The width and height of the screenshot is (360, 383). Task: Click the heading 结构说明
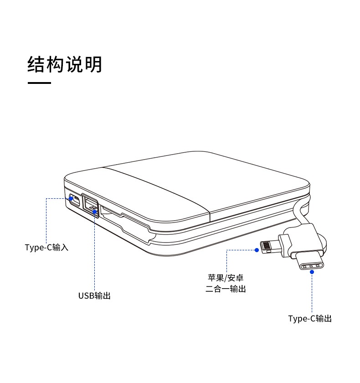coord(65,64)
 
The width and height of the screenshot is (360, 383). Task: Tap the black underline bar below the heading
coord(39,83)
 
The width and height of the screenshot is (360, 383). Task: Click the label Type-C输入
coord(46,248)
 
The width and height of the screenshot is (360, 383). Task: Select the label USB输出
coord(94,295)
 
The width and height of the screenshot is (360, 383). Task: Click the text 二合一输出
coord(225,289)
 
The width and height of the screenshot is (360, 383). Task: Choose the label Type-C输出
coord(310,318)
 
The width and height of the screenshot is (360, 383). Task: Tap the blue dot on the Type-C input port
coord(71,198)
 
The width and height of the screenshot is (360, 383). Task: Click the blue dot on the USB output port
coord(94,211)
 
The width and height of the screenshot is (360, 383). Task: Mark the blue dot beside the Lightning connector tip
coord(257,249)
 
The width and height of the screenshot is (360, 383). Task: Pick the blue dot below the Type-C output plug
coord(312,272)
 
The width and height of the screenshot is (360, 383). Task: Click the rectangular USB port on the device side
coord(90,203)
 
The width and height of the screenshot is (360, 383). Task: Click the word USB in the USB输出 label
coord(86,295)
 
